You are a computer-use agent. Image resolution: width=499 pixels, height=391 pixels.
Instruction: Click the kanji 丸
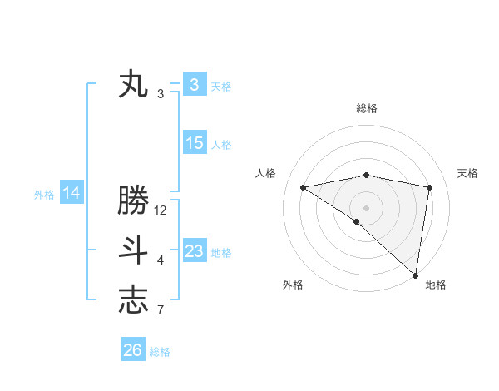[x=133, y=84]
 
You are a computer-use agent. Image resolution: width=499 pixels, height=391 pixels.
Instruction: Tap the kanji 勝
[x=133, y=201]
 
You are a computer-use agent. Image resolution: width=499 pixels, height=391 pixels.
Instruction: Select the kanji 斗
[x=133, y=250]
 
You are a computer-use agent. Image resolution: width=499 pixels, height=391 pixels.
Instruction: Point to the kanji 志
[x=133, y=300]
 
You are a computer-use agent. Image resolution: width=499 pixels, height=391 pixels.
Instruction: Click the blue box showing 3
[x=194, y=84]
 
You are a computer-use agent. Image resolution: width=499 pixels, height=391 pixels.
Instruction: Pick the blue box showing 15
[x=194, y=143]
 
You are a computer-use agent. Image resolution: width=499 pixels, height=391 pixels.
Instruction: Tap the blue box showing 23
[x=194, y=251]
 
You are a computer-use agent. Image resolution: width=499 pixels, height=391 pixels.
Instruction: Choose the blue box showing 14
[x=72, y=193]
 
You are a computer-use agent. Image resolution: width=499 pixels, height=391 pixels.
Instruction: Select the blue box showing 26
[x=133, y=350]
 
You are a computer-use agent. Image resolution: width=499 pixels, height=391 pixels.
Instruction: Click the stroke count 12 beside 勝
[x=161, y=210]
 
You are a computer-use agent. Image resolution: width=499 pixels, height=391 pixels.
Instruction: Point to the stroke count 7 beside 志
[x=161, y=310]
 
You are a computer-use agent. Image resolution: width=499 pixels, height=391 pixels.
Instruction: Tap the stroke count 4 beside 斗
[x=161, y=260]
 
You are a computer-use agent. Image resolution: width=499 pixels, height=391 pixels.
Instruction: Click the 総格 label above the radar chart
[x=367, y=108]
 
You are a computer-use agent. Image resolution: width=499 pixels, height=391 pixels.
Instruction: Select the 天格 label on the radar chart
[x=467, y=173]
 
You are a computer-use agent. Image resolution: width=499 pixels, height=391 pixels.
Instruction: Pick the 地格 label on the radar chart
[x=436, y=285]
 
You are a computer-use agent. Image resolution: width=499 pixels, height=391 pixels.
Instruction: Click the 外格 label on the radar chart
[x=293, y=285]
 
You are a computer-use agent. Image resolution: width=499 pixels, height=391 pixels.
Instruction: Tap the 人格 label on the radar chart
[x=265, y=173]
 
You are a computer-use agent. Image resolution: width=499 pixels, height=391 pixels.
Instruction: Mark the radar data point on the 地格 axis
[x=415, y=275]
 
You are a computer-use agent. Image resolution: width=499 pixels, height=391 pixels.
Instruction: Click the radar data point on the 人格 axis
[x=304, y=187]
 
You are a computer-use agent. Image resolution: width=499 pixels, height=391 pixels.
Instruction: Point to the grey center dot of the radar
[x=366, y=207]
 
